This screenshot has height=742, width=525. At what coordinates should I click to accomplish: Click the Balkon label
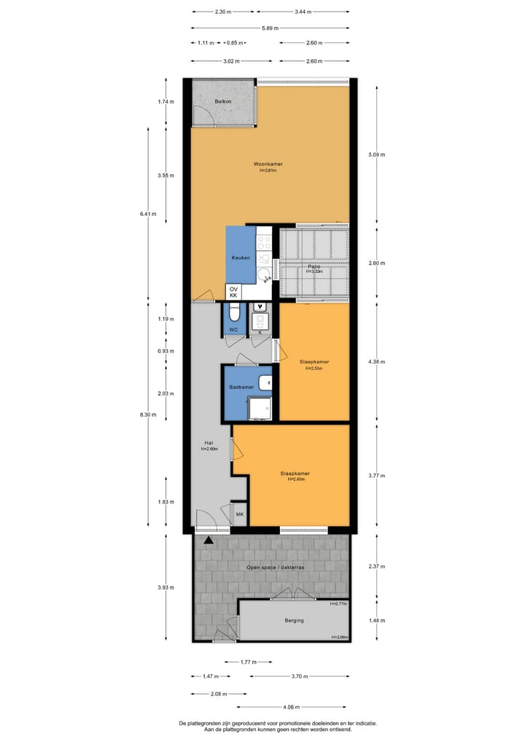pyautogui.click(x=223, y=101)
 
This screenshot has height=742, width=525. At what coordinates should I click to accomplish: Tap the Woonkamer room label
pyautogui.click(x=268, y=164)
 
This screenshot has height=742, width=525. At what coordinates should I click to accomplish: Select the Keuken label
pyautogui.click(x=241, y=258)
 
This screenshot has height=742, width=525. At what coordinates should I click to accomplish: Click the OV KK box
pyautogui.click(x=233, y=292)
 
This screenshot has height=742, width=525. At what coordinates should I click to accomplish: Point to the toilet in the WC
pyautogui.click(x=233, y=314)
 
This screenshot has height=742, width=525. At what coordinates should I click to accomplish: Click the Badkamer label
pyautogui.click(x=241, y=387)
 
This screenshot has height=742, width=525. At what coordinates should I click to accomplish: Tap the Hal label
pyautogui.click(x=209, y=443)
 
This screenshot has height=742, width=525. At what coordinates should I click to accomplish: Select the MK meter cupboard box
pyautogui.click(x=239, y=515)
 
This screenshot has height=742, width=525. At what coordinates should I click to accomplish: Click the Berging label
pyautogui.click(x=295, y=620)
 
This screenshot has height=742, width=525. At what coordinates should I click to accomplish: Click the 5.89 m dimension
pyautogui.click(x=270, y=28)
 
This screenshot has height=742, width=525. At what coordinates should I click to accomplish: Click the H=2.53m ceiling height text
pyautogui.click(x=314, y=368)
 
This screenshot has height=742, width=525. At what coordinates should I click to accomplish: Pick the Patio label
pyautogui.click(x=314, y=267)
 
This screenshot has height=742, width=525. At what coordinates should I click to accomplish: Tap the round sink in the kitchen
pyautogui.click(x=265, y=276)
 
